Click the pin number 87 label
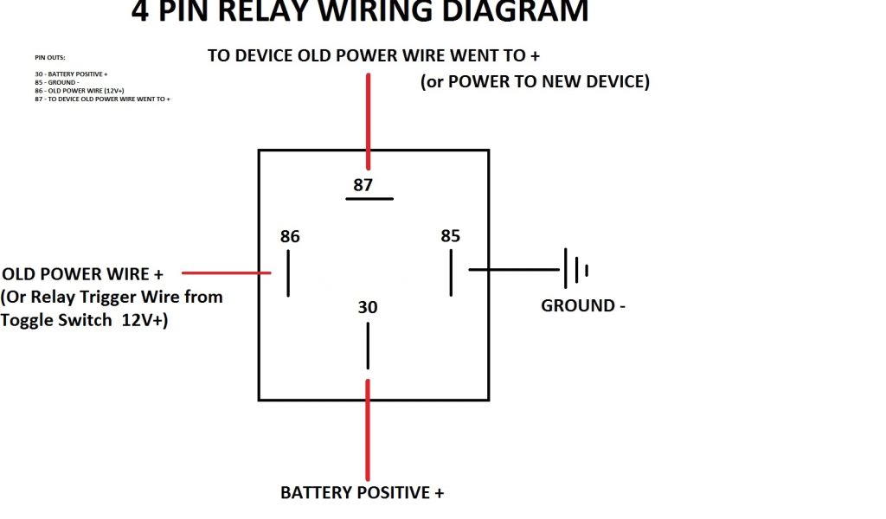(364, 184)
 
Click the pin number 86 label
(290, 236)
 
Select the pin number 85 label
(450, 236)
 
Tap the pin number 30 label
(368, 308)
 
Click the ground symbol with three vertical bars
(575, 269)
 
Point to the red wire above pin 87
(369, 121)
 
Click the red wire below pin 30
(369, 428)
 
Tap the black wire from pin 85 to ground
(515, 269)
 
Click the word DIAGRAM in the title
(506, 12)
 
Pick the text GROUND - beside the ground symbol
(582, 305)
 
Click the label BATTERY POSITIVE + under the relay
(362, 493)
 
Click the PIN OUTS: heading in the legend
(50, 58)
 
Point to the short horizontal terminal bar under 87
(369, 199)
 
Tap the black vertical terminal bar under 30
(368, 346)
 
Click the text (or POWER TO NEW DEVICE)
(535, 81)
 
